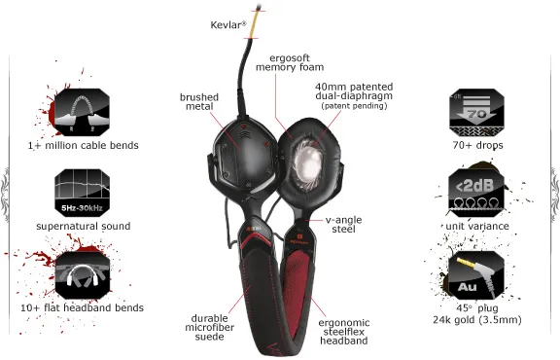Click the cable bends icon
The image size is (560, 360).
[x=83, y=111]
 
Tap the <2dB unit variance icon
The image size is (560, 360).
[x=475, y=193]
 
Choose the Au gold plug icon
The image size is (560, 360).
[x=475, y=275]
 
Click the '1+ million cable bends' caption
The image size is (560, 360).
[x=84, y=146]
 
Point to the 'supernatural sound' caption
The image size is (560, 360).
[x=84, y=226]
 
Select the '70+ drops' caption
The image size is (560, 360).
[x=476, y=146]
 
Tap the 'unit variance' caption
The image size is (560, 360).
[x=476, y=226]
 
